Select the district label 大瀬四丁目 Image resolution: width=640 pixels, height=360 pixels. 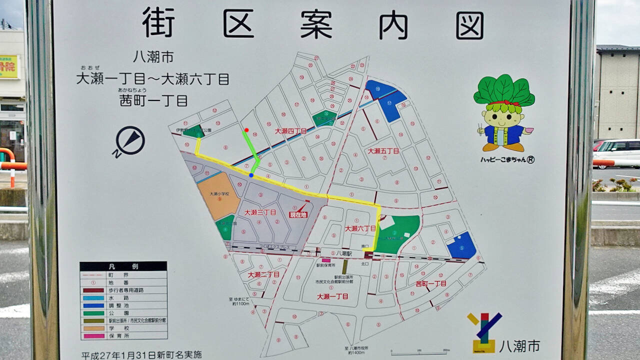click(x=290, y=131)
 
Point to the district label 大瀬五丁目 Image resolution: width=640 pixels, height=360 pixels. click(x=383, y=150)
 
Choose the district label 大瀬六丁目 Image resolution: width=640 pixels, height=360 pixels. click(x=360, y=228)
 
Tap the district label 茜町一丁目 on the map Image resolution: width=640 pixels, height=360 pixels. click(x=431, y=283)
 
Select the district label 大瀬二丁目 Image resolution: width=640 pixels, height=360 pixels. click(x=263, y=274)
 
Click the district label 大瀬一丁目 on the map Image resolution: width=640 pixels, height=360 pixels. click(x=332, y=296)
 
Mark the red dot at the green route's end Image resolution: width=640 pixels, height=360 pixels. click(x=246, y=130)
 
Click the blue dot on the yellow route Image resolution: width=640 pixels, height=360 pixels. click(x=251, y=175)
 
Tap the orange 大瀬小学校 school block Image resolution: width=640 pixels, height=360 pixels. click(x=218, y=195)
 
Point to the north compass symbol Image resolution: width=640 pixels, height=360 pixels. click(x=129, y=141)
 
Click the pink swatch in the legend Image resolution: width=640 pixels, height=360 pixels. click(x=93, y=336)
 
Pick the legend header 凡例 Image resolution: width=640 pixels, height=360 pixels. click(x=123, y=266)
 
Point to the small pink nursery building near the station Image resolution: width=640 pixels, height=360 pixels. click(x=326, y=260)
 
